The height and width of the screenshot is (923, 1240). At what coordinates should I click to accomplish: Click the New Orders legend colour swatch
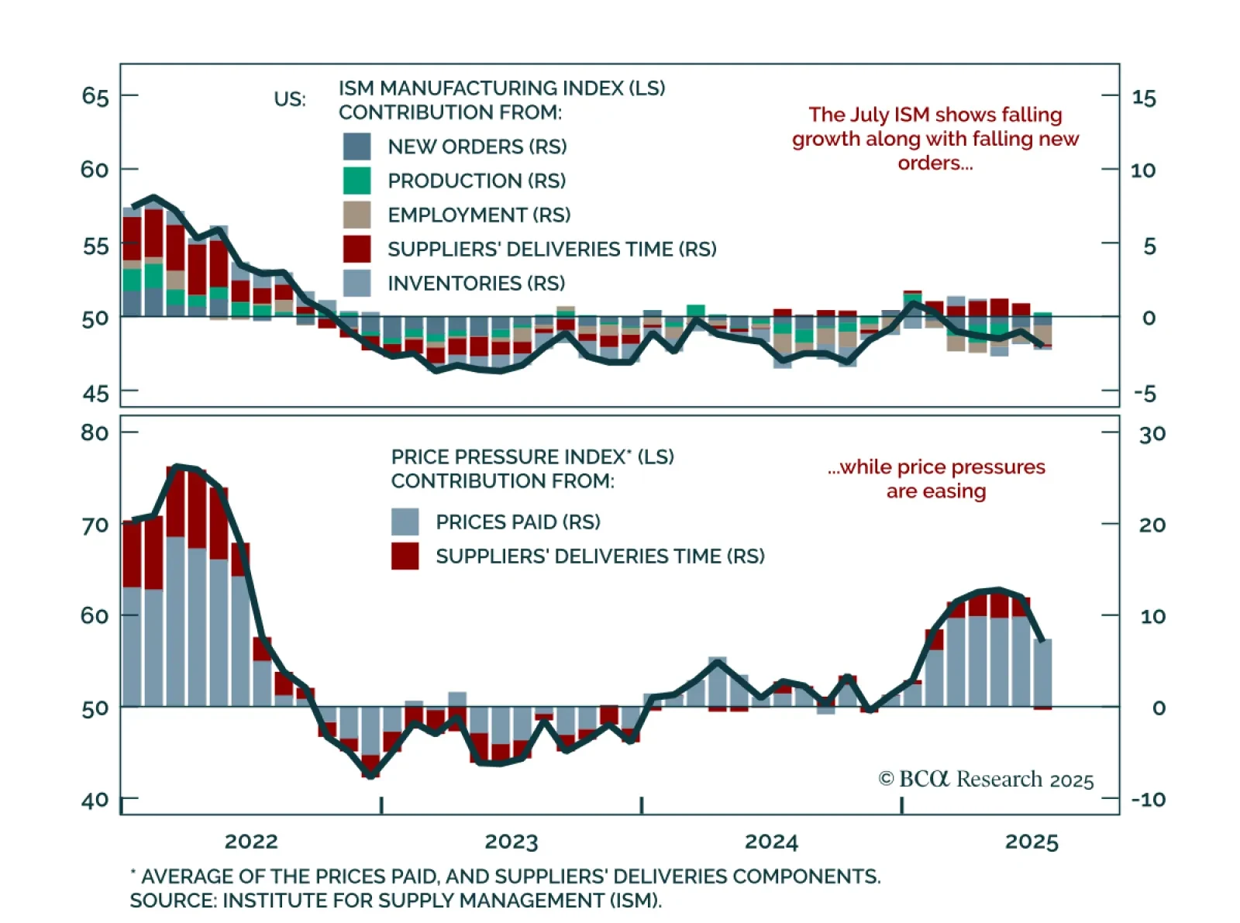(356, 146)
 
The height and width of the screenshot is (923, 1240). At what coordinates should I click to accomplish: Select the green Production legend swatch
(356, 181)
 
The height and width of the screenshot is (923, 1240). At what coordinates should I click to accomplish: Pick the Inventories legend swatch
(356, 283)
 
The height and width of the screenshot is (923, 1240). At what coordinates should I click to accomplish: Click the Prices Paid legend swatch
(405, 522)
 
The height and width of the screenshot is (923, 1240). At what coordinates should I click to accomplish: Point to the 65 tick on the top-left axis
(95, 96)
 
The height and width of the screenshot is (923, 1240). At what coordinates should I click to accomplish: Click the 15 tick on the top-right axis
(1144, 98)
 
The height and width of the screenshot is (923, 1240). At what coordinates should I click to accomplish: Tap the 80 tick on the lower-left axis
(95, 432)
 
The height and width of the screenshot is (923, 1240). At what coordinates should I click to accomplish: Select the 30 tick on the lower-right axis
(1152, 434)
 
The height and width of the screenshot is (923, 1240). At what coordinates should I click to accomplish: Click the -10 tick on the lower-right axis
(1149, 799)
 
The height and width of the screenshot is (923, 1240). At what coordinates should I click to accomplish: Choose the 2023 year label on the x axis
(511, 842)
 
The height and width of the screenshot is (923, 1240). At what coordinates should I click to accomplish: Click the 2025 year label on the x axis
(1032, 842)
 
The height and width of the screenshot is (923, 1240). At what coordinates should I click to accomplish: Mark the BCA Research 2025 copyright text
(986, 779)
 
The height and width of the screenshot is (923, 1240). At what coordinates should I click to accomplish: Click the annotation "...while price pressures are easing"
(936, 479)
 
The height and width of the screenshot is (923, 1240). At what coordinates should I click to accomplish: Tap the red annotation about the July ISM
(935, 139)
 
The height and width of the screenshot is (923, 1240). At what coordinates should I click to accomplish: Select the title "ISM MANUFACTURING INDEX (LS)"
(501, 88)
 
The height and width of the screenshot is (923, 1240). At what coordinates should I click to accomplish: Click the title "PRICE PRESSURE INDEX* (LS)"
(532, 456)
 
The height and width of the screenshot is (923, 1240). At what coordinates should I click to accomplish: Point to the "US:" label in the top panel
(290, 100)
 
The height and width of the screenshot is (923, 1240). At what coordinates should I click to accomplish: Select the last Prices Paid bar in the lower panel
(1043, 672)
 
